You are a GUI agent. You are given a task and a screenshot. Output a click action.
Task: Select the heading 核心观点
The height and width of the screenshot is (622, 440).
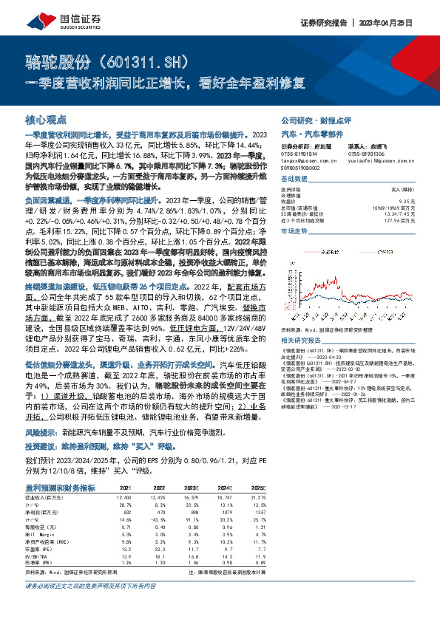tap(46, 118)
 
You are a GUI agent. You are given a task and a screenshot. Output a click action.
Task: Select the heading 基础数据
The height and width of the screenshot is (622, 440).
tap(295, 180)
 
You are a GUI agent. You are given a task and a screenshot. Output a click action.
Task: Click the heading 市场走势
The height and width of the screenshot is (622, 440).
tap(295, 231)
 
